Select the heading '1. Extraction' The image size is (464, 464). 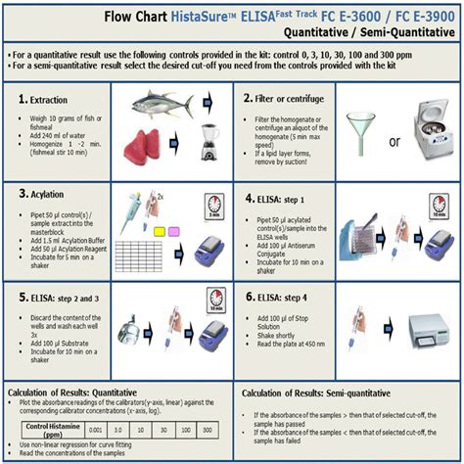tap(44, 101)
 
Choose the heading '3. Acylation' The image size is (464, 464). tap(43, 195)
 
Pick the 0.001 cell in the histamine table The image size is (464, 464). tap(89, 428)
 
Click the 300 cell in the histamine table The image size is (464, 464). tap(207, 428)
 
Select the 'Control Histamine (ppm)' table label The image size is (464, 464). tap(50, 428)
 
